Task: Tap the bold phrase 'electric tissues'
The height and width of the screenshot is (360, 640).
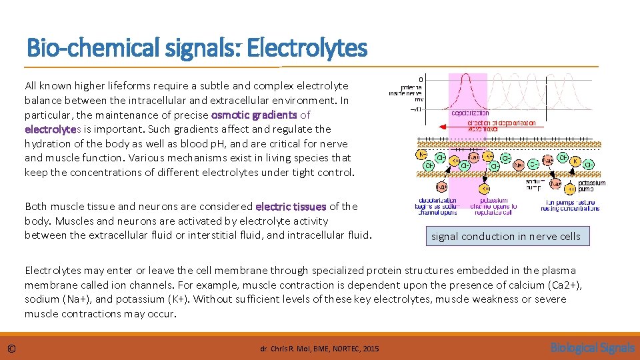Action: click(291, 207)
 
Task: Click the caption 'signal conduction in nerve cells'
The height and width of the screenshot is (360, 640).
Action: click(506, 236)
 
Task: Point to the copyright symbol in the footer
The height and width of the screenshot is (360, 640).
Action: click(11, 348)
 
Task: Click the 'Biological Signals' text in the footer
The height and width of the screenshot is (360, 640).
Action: click(583, 347)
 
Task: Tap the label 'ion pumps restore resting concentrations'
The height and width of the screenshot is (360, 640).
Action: click(572, 205)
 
